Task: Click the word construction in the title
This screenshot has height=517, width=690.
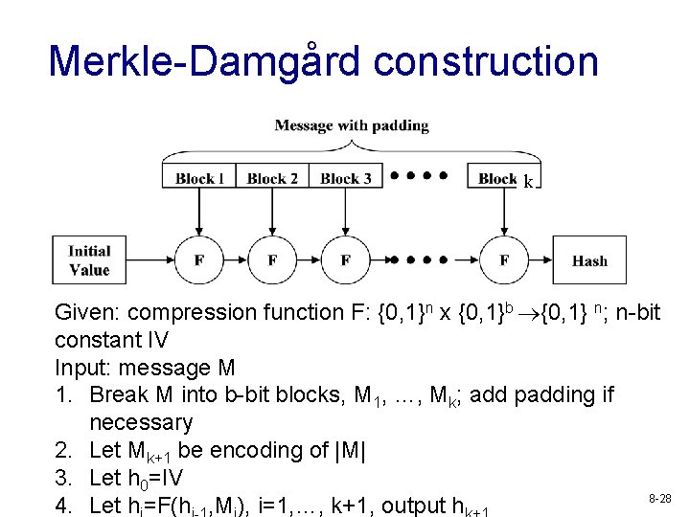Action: [486, 61]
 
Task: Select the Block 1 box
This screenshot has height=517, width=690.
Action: [200, 177]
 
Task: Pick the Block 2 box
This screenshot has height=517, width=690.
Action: [272, 177]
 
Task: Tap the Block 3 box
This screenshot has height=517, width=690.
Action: [345, 177]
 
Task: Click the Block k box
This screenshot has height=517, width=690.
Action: [503, 177]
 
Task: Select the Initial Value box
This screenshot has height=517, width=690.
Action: [89, 260]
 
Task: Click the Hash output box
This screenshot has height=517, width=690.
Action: [589, 260]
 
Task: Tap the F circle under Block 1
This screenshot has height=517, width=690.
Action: [199, 260]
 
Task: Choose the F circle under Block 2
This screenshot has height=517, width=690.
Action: [272, 260]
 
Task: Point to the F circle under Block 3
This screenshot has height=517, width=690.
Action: [345, 260]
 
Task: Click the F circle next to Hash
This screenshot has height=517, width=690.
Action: [504, 260]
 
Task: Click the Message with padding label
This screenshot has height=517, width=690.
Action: [352, 125]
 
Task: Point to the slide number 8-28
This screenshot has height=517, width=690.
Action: [660, 498]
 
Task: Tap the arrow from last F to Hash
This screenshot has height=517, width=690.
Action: [541, 260]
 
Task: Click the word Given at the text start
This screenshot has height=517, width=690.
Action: [86, 313]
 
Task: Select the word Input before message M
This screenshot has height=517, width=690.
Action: [81, 368]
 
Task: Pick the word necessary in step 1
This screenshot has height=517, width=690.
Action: [141, 422]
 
